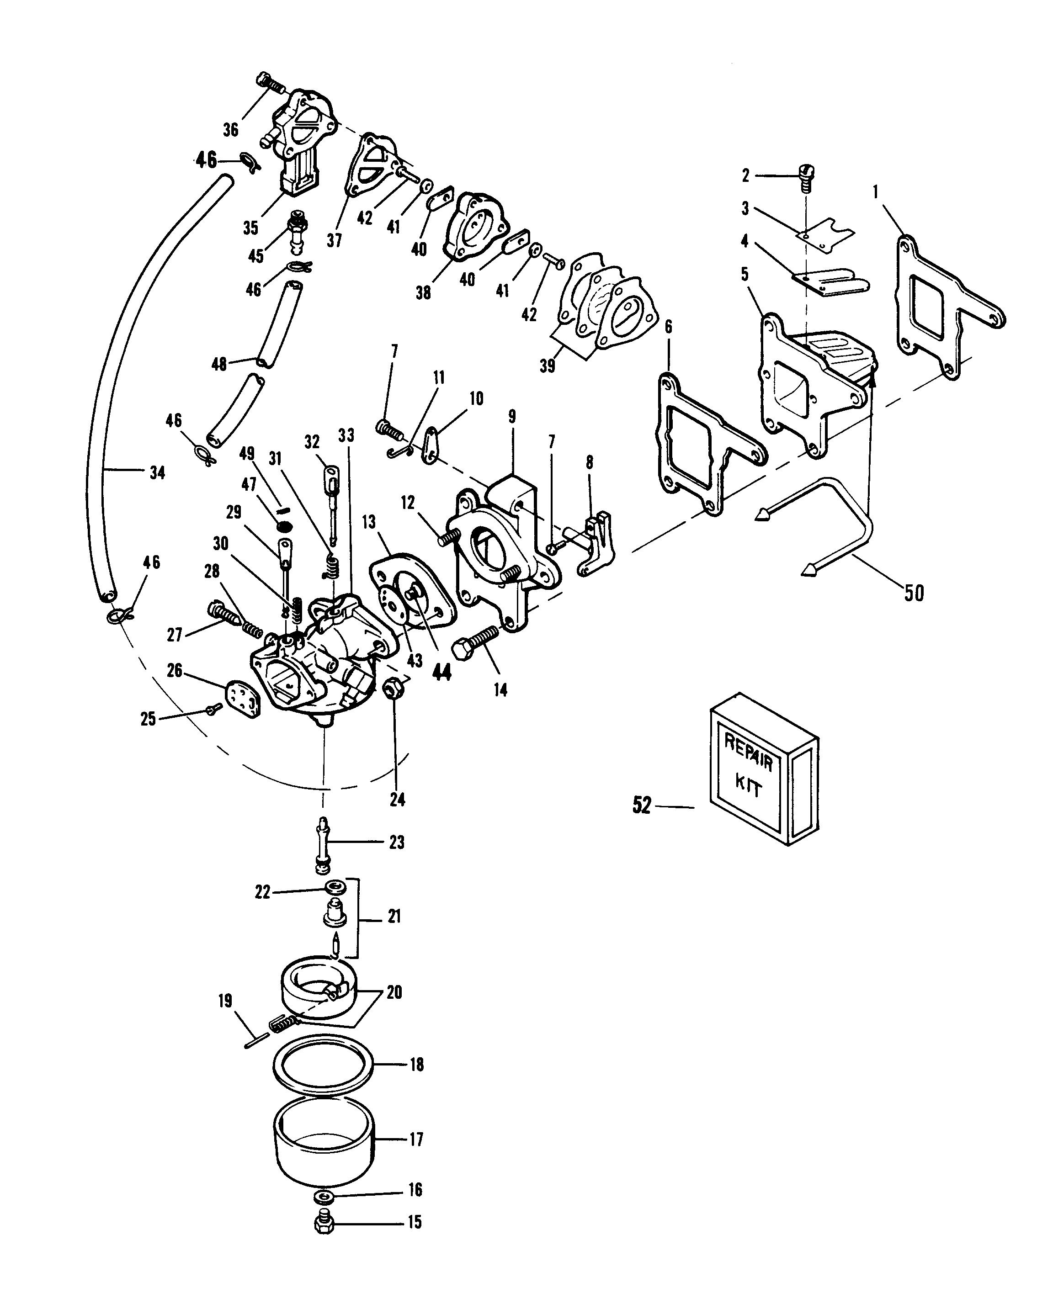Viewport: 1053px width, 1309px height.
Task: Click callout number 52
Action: click(642, 805)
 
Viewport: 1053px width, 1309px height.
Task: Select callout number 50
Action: click(914, 593)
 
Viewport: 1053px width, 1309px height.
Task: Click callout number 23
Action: click(397, 842)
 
